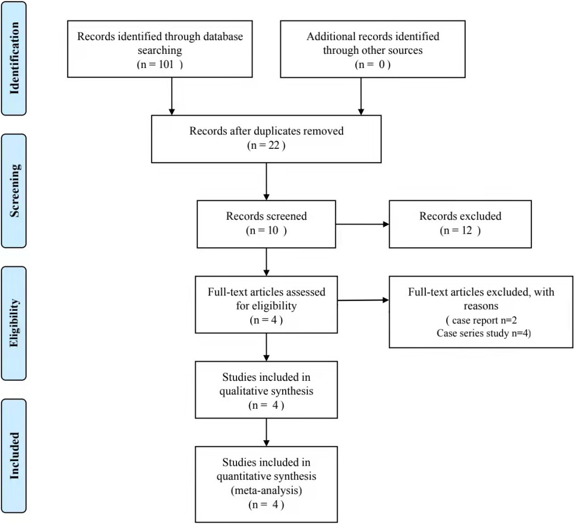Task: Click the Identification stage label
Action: (x=14, y=58)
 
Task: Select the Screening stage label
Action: (x=14, y=190)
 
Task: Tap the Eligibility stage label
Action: (x=14, y=323)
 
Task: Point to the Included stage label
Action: (x=14, y=455)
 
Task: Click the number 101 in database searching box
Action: (x=166, y=64)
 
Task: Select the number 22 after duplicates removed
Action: (x=274, y=145)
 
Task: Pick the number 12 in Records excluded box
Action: (x=467, y=231)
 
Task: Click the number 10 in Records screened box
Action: (x=273, y=231)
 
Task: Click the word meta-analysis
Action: (x=266, y=490)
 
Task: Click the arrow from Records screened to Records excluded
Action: (x=362, y=224)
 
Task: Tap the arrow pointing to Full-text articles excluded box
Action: (x=363, y=301)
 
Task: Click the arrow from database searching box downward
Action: (x=172, y=96)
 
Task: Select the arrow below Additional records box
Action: (x=361, y=96)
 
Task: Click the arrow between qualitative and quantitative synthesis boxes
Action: (x=266, y=432)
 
